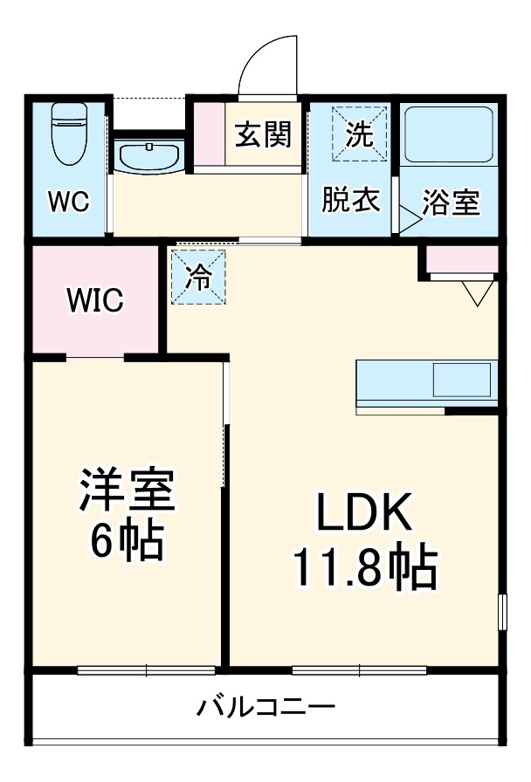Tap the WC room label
[68, 202]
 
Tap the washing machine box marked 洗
[358, 134]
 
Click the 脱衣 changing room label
[351, 200]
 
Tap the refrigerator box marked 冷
[198, 278]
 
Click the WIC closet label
[96, 300]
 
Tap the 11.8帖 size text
[364, 570]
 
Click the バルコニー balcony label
[265, 706]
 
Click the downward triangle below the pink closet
[477, 293]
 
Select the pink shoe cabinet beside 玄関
[208, 134]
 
